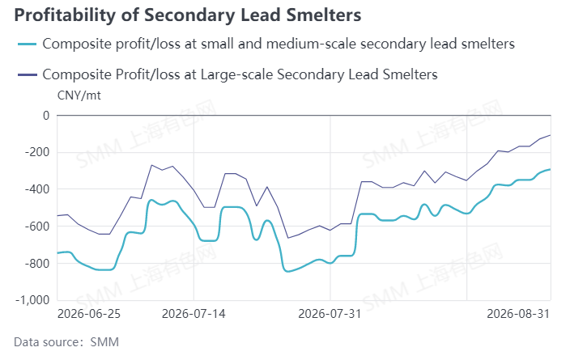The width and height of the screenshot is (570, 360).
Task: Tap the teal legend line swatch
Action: [28, 44]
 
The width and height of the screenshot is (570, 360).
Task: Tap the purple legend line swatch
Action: [28, 75]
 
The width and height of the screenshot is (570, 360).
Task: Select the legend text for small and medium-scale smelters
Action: [279, 44]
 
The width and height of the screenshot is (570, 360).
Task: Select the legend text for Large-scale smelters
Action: [240, 74]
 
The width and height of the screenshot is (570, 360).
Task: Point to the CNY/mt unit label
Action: [79, 95]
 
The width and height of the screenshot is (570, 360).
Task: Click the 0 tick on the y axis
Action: [46, 116]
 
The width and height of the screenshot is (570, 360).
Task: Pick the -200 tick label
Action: [37, 152]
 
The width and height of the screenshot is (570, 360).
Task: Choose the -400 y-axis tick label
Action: [37, 189]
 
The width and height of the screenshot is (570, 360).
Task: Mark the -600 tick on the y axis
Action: [37, 227]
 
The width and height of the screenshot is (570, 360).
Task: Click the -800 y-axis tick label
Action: [37, 264]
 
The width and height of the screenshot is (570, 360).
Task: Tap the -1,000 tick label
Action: [32, 300]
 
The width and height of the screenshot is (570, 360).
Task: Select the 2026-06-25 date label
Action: [89, 314]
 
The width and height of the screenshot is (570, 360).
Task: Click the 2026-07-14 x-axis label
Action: [194, 314]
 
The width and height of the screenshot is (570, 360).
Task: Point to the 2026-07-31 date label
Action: [330, 314]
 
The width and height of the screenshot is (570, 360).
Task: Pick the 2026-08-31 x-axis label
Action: [518, 314]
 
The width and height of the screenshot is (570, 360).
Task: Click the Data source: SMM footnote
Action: [66, 342]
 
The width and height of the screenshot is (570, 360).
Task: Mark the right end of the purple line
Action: [551, 135]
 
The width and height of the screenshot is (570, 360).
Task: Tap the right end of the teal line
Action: [551, 169]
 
